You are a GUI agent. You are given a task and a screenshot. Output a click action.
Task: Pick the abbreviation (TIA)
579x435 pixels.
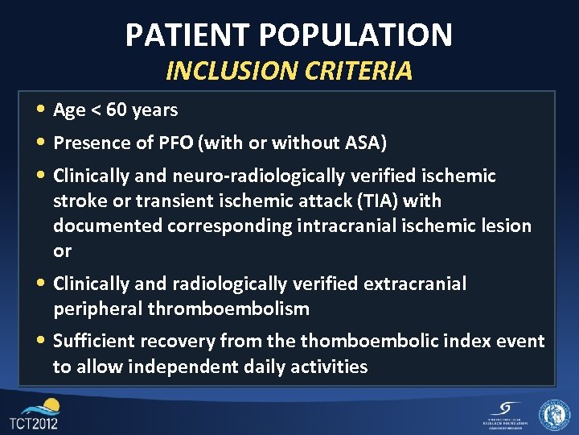coord(381,201)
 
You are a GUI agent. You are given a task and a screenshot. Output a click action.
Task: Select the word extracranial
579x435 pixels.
coord(415,284)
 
